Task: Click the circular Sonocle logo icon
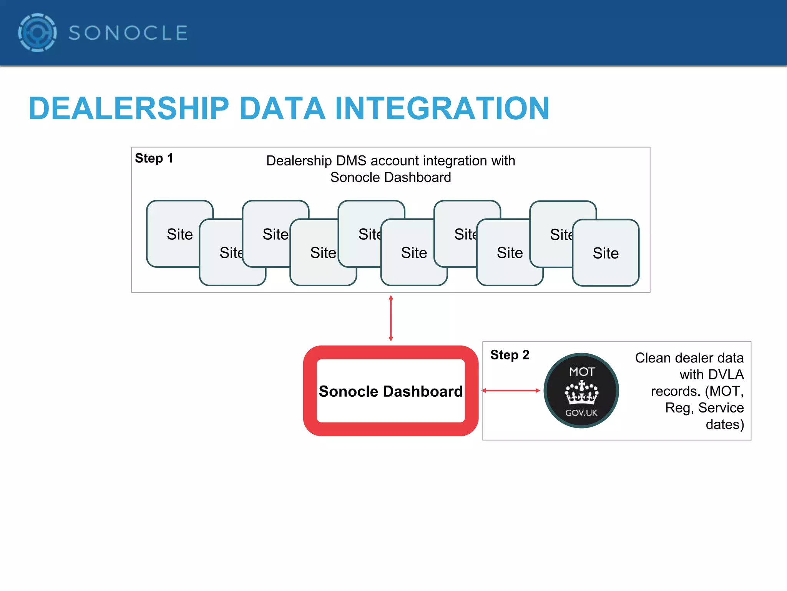tap(37, 33)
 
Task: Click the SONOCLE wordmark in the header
tap(128, 33)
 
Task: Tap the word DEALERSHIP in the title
tap(129, 109)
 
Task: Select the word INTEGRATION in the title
tap(442, 109)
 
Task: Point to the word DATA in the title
tap(282, 109)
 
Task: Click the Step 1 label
tap(154, 158)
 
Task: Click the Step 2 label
tap(510, 355)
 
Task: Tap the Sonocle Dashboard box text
tap(390, 391)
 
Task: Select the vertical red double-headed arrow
tap(391, 318)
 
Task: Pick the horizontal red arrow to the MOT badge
tap(511, 391)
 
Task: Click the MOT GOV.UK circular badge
tap(581, 391)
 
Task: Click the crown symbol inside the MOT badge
tap(581, 393)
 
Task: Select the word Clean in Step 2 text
tap(653, 358)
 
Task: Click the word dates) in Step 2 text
tap(725, 424)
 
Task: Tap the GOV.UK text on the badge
tap(581, 413)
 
